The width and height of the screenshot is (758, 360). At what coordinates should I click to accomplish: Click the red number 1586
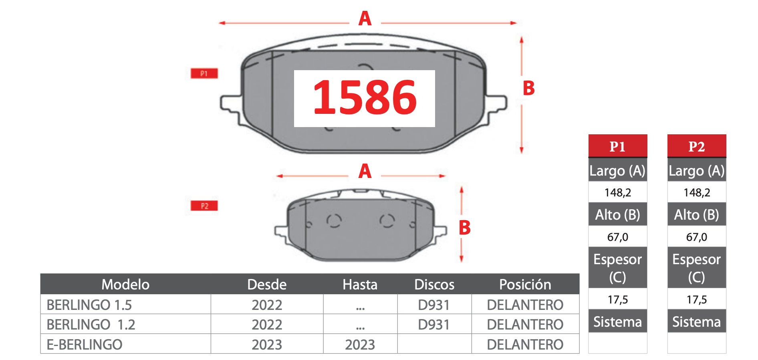(x=365, y=97)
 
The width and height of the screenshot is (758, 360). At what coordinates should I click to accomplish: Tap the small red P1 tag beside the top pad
(x=204, y=73)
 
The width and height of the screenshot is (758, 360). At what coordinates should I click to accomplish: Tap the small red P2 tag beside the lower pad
(x=204, y=206)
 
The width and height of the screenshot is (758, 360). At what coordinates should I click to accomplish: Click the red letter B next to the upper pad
(x=529, y=88)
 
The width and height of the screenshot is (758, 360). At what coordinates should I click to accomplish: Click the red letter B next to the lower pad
(x=465, y=228)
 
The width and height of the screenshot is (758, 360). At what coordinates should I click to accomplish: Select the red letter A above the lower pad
(x=365, y=171)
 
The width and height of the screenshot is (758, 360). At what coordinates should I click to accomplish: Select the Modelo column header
(x=125, y=284)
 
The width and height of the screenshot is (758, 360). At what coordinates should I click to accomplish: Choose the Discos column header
(x=434, y=284)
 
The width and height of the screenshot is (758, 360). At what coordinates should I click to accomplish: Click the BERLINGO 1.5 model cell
(x=89, y=305)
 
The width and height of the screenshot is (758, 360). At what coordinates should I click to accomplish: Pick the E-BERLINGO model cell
(x=84, y=344)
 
